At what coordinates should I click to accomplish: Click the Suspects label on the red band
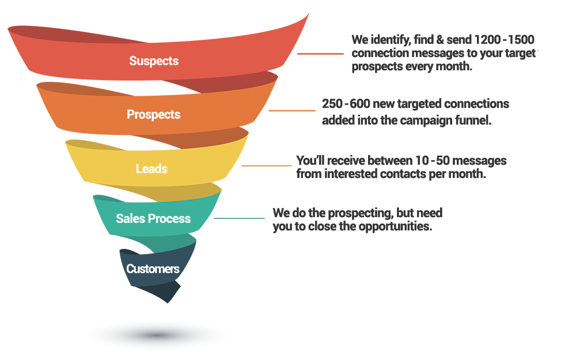click(x=154, y=61)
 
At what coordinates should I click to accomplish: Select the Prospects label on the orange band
click(x=154, y=115)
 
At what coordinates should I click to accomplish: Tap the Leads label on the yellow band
click(x=151, y=169)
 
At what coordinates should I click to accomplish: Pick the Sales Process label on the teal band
click(x=153, y=218)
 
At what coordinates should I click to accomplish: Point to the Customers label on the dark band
click(x=153, y=269)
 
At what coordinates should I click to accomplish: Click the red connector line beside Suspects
click(x=320, y=54)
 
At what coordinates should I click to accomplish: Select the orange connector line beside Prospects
click(x=292, y=110)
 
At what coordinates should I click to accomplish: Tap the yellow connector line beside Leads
click(x=266, y=166)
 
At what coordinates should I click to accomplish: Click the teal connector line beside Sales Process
click(x=239, y=218)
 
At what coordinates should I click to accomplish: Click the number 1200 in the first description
click(x=487, y=40)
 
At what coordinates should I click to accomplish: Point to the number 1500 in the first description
click(x=521, y=40)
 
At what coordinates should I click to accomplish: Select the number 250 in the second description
click(x=332, y=104)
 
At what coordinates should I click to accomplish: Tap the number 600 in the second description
click(x=359, y=104)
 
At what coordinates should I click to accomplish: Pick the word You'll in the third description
click(x=310, y=161)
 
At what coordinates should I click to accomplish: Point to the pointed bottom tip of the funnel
click(x=168, y=303)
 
